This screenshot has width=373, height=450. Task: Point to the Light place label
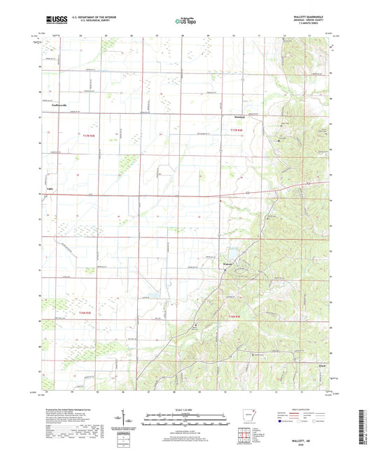(x=48, y=189)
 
